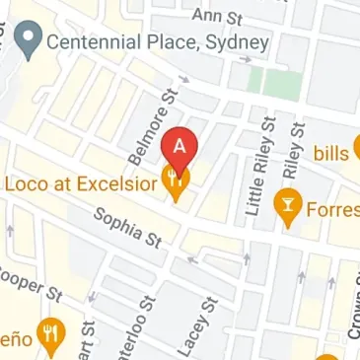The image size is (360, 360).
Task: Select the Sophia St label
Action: (x=127, y=227)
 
